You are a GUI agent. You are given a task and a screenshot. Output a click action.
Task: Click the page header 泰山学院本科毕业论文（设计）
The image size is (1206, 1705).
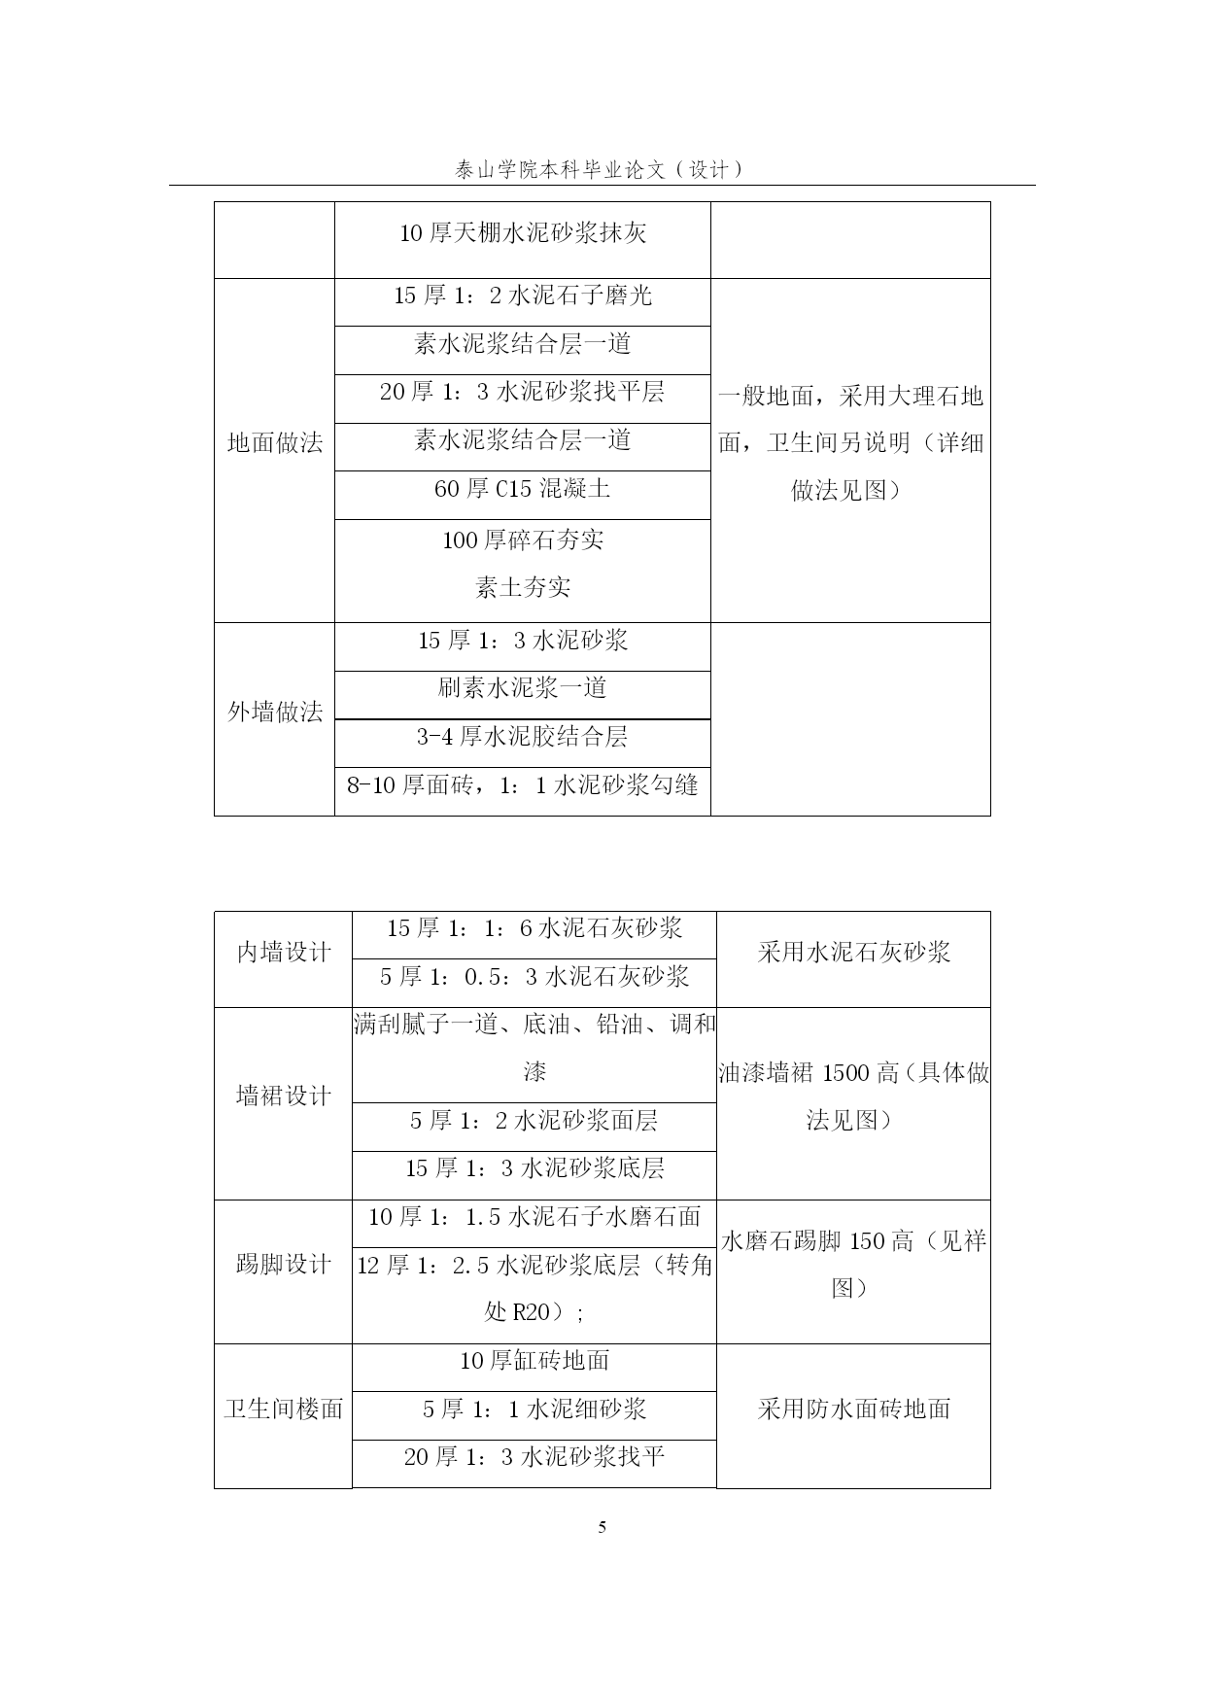[x=602, y=169]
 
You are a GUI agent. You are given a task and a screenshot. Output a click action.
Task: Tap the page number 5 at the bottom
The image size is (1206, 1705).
[x=603, y=1527]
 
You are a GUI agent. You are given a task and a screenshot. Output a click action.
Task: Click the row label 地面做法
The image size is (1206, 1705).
[x=275, y=443]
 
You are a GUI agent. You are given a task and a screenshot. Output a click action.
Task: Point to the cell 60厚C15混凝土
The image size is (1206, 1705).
[x=523, y=489]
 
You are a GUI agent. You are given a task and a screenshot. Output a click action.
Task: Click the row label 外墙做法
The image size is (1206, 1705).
[x=275, y=713]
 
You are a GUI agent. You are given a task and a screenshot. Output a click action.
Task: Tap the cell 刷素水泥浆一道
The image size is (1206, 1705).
[x=523, y=688]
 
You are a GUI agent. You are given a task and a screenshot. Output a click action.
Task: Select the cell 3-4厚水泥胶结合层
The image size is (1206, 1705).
[x=523, y=737]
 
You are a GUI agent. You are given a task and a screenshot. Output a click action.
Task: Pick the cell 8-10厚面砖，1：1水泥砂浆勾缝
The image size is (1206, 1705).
[x=523, y=784]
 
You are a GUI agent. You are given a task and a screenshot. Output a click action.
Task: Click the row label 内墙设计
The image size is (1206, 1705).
[x=284, y=953]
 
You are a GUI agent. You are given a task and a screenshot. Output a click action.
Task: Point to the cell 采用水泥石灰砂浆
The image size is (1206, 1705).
[x=853, y=953]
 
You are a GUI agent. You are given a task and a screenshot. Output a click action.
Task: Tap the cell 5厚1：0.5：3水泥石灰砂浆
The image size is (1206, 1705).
[x=534, y=977]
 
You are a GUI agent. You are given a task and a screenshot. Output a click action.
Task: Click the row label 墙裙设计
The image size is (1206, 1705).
[x=284, y=1096]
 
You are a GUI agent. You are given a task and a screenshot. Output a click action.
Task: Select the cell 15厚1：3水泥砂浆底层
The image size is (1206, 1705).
[x=534, y=1168]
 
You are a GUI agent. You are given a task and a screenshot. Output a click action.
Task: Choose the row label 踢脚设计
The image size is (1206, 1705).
[x=284, y=1265]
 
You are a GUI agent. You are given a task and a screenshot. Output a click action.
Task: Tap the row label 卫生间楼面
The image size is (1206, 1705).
[x=284, y=1409]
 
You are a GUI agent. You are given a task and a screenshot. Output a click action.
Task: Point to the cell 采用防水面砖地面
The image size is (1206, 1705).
[x=853, y=1409]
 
